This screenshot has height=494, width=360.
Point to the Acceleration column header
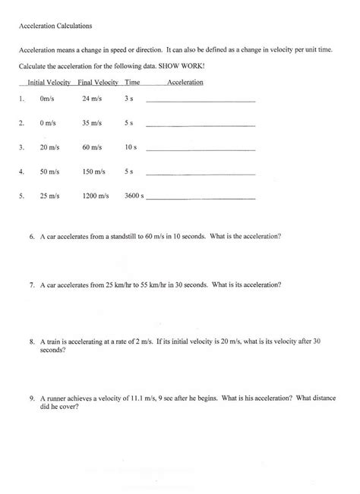point(185,82)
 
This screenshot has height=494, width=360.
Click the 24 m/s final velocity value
point(92,99)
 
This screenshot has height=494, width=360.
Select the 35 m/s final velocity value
point(92,122)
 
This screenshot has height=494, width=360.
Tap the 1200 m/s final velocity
point(96,196)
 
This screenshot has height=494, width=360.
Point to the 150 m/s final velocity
point(94,171)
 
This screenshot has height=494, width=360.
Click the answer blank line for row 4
point(200,175)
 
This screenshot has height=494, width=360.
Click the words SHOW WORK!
point(184,65)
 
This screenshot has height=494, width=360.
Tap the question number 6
point(33,236)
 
